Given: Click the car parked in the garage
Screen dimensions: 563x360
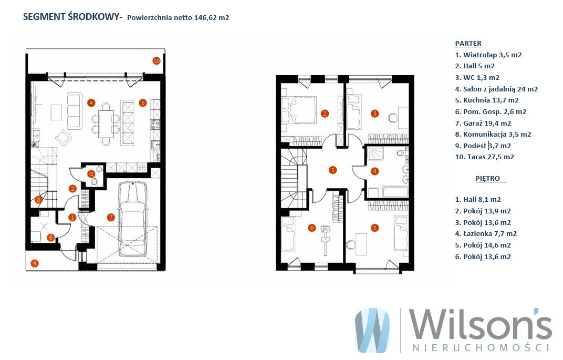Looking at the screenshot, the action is coord(132,219).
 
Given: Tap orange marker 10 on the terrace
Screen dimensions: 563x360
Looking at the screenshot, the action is coord(156,61).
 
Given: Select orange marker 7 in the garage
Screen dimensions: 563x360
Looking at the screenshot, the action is coord(111,217).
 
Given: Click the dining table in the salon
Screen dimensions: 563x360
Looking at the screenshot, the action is coord(106,124).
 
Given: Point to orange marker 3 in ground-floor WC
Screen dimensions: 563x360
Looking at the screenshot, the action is coord(91,174).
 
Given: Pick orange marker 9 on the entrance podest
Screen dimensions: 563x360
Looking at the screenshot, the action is coord(35,263).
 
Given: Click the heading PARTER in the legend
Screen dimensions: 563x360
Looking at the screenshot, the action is coord(468,44).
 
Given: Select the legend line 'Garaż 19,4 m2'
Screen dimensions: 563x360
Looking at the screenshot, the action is coord(483,123).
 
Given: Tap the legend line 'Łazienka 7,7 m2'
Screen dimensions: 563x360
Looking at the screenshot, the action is coord(486,233).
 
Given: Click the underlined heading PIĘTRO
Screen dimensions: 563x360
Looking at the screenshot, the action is coord(487,179).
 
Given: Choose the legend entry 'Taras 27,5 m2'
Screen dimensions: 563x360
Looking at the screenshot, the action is coord(484,157).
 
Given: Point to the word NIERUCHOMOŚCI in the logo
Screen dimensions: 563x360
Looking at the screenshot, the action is coord(481,348).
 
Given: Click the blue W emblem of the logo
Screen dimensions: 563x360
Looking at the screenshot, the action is coord(372,330).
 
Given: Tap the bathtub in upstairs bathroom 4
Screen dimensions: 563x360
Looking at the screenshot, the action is coord(394,192).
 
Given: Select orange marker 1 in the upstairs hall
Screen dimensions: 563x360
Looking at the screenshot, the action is coord(332,170).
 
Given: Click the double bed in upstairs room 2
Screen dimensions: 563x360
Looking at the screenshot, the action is coord(299,110).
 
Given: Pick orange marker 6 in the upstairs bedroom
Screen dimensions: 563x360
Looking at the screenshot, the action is coord(311,228).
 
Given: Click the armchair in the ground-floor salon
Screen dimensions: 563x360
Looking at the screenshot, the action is coord(64,137).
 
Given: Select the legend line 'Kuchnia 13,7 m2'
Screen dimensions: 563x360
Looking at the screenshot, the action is coord(487,100).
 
